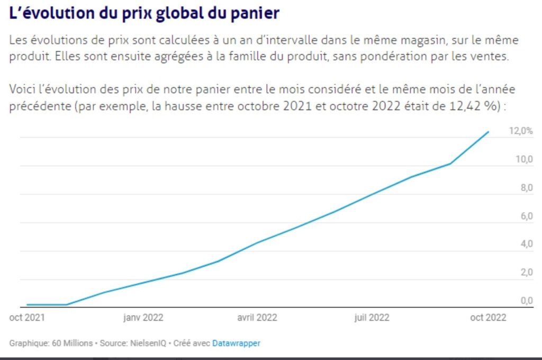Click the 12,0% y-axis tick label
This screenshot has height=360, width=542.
[521, 131]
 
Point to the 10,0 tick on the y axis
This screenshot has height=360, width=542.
[523, 159]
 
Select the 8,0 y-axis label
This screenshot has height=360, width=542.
[526, 188]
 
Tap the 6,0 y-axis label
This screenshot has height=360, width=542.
[526, 216]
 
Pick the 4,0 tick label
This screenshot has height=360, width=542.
[526, 244]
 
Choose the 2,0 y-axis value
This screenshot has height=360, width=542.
[526, 272]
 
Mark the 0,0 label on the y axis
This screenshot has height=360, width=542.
[526, 301]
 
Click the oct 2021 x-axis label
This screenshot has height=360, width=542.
[27, 318]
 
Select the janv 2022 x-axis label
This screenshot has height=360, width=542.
[143, 318]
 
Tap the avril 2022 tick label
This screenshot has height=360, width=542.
[257, 318]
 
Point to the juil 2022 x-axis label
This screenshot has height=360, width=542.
[372, 318]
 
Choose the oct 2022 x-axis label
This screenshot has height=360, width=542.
[488, 318]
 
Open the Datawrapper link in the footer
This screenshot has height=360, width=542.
[236, 344]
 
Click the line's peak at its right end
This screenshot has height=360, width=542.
[488, 132]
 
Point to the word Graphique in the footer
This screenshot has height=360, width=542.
[28, 344]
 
